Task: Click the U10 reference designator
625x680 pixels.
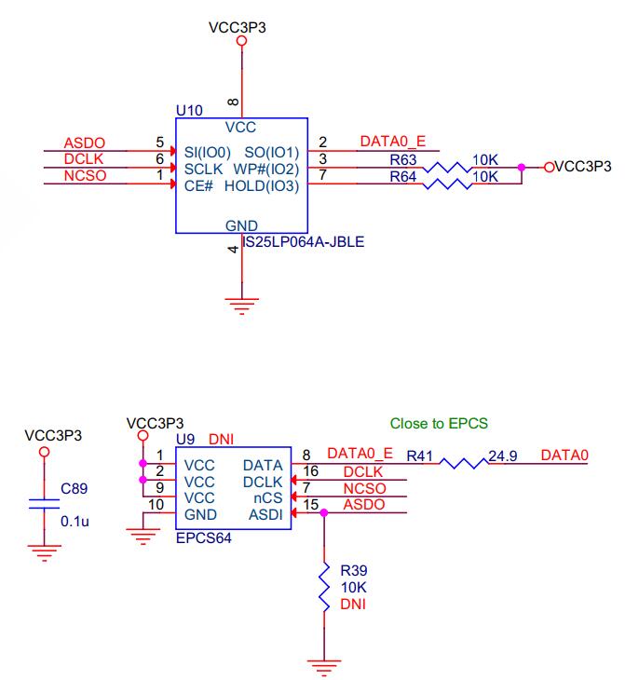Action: tap(189, 111)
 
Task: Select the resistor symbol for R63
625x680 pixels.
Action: tap(447, 168)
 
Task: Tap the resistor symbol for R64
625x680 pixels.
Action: tap(447, 184)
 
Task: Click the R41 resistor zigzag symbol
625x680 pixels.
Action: tap(464, 463)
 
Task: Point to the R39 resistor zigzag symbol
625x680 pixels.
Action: tap(324, 587)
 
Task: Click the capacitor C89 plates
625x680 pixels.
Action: tap(44, 504)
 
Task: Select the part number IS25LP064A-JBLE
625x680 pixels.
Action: tap(304, 241)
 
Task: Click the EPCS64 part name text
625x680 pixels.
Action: tap(203, 538)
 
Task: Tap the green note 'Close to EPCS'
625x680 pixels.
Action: tap(439, 423)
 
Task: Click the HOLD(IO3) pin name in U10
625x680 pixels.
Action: tap(262, 186)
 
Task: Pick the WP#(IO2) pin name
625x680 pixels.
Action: tap(266, 170)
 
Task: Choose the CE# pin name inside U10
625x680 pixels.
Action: tap(198, 186)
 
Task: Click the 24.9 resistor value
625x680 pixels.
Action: tap(503, 456)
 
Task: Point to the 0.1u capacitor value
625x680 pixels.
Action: tap(75, 522)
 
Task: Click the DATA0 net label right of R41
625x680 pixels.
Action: tap(564, 456)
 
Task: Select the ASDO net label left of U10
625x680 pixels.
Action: tap(85, 143)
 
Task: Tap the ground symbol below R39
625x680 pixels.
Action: tap(324, 668)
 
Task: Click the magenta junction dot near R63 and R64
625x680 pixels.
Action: tap(522, 167)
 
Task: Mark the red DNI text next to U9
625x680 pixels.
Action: tap(221, 440)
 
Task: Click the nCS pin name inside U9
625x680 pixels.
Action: tap(267, 497)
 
